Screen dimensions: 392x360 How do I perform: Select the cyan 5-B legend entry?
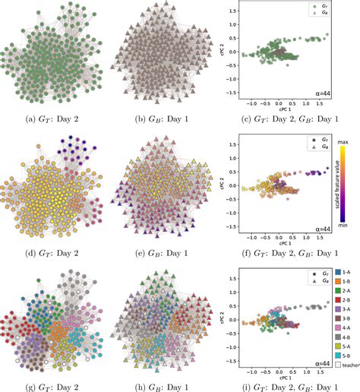342,375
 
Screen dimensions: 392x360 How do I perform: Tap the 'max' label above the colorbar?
343,142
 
